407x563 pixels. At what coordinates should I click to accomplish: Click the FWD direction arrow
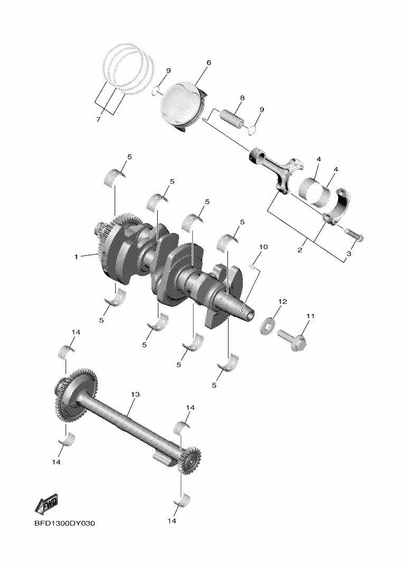(x=46, y=504)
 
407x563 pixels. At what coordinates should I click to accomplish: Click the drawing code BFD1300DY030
(x=64, y=523)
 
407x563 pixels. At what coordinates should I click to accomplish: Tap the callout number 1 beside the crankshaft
(x=76, y=257)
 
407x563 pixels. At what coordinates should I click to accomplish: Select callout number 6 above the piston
(x=209, y=63)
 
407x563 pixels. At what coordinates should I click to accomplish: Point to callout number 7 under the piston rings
(x=99, y=119)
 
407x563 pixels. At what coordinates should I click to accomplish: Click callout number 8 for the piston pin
(x=242, y=98)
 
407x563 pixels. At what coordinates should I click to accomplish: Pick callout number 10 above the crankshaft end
(x=263, y=247)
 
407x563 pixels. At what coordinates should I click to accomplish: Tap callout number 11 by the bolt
(x=310, y=316)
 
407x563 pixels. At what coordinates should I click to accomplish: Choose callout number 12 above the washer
(x=282, y=301)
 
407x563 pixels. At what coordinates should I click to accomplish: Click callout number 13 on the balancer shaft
(x=135, y=394)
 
